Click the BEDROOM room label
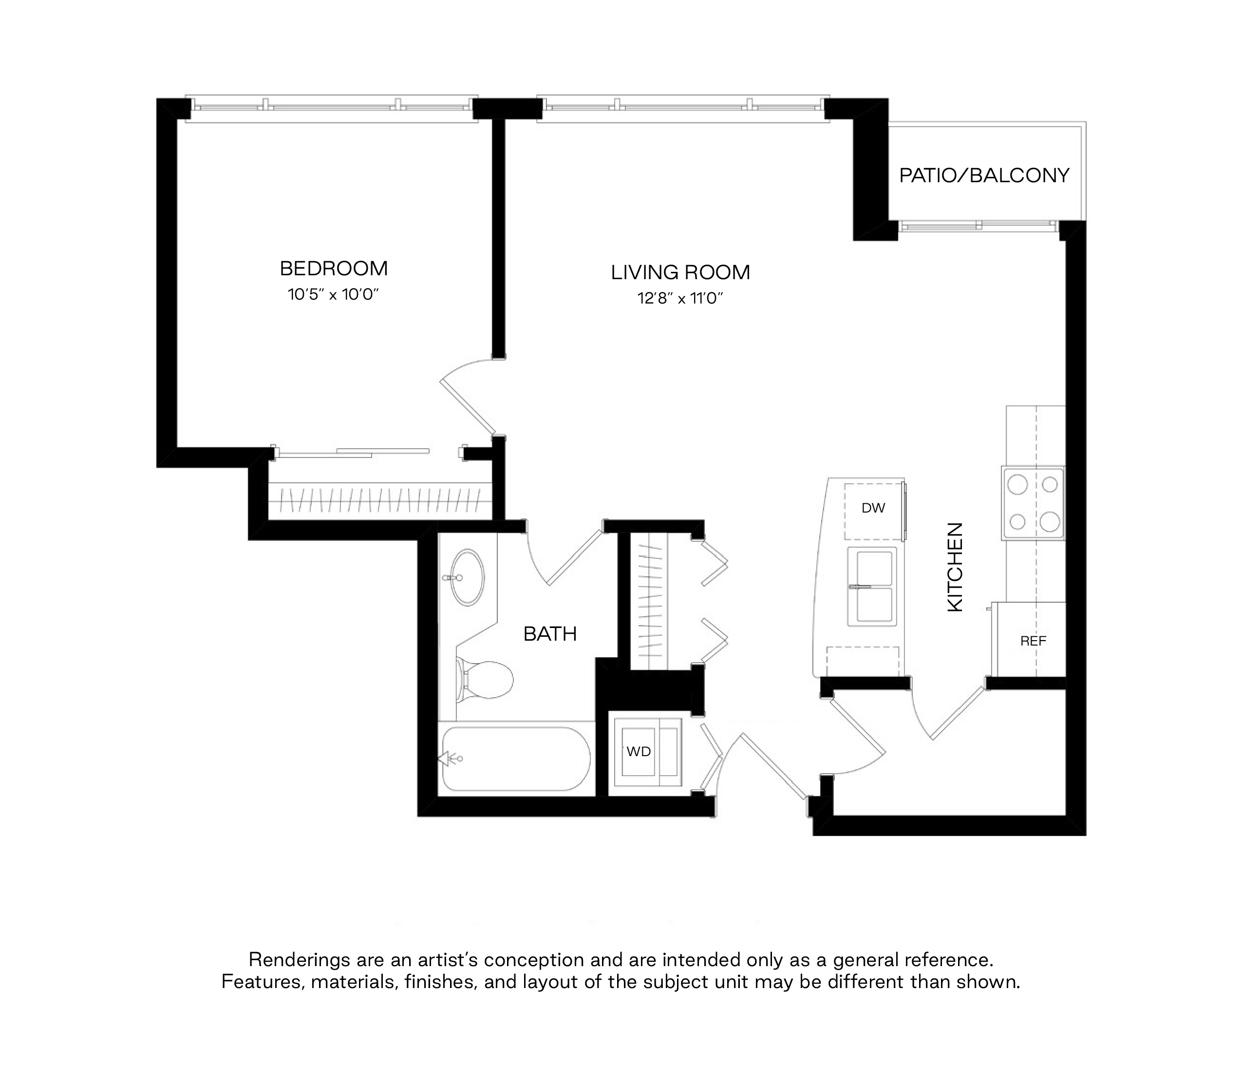pos(334,268)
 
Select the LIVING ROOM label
pos(680,272)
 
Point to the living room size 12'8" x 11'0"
pos(680,299)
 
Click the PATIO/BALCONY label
pos(984,175)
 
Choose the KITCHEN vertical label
pos(955,567)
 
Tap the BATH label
pos(550,634)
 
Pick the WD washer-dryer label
pos(639,752)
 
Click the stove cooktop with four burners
pos(1033,502)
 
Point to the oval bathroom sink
pos(468,577)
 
